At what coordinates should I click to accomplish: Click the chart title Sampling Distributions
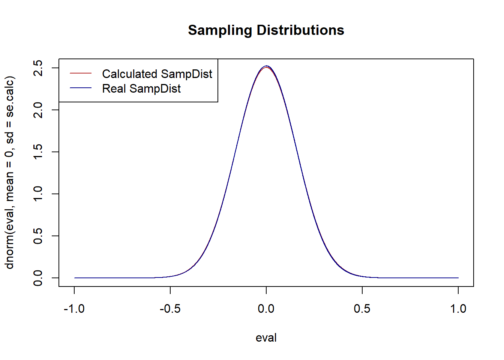pos(266,30)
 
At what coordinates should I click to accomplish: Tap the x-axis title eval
pos(266,338)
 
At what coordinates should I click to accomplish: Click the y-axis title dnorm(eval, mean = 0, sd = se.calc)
pos(10,172)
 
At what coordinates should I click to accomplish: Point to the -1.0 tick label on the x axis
pos(74,309)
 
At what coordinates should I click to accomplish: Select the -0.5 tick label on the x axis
pos(170,309)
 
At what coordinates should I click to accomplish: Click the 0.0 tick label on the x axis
pos(266,309)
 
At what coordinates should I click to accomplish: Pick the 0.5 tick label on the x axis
pos(362,309)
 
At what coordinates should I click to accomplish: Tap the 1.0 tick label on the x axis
pos(458,309)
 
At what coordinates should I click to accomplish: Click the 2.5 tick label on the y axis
pos(38,68)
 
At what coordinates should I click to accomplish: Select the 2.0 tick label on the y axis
pos(38,110)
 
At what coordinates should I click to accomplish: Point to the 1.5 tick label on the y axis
pos(38,152)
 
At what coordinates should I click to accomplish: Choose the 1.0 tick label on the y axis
pos(38,194)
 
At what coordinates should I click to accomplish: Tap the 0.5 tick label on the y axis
pos(38,236)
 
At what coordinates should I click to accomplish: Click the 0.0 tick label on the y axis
pos(38,278)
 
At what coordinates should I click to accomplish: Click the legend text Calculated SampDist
pos(157,74)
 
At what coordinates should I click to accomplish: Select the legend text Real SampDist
pos(141,88)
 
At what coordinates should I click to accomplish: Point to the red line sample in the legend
pos(81,73)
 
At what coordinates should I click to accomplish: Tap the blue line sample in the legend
pos(81,88)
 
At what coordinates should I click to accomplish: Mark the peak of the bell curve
pos(266,66)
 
